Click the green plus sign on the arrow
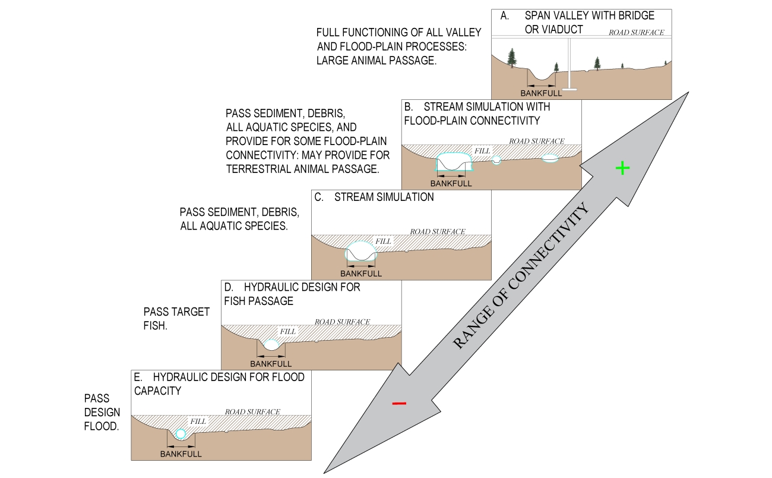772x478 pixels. (622, 168)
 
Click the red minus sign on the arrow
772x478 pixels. (399, 404)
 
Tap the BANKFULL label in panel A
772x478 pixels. (541, 93)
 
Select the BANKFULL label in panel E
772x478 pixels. (181, 454)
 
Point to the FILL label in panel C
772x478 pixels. (384, 242)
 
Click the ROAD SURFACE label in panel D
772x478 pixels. (342, 322)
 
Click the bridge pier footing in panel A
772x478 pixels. (569, 89)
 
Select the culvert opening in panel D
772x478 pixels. (271, 344)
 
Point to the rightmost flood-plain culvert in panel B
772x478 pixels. (550, 159)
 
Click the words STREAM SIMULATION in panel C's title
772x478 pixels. (384, 197)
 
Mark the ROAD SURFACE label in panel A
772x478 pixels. (636, 32)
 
